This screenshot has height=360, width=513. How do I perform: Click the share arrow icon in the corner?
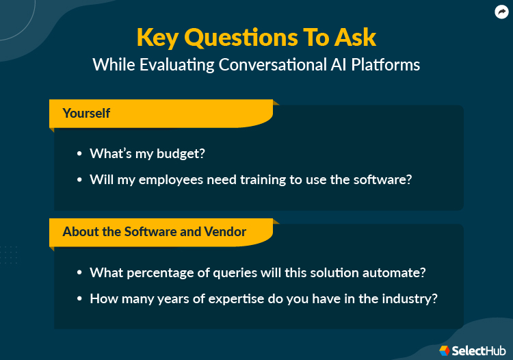(x=501, y=12)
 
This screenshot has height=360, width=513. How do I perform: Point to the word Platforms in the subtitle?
(x=386, y=65)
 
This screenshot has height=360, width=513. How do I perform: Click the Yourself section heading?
(x=86, y=113)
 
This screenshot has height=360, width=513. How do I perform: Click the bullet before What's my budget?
(x=80, y=154)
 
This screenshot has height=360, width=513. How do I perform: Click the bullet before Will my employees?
(x=80, y=180)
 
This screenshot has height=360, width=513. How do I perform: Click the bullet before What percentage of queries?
(x=80, y=272)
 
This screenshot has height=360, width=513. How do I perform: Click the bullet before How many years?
(x=80, y=298)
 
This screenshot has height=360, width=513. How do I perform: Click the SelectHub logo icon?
(x=445, y=350)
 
